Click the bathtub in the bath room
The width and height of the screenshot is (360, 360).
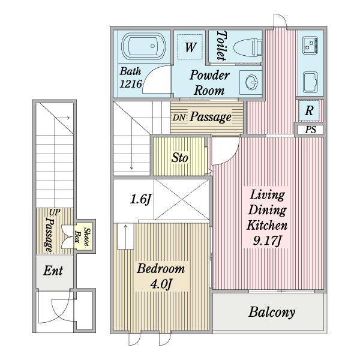click(143, 47)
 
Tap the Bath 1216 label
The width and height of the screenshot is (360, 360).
click(131, 78)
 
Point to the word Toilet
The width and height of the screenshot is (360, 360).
click(221, 46)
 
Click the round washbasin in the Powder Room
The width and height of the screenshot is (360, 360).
click(250, 81)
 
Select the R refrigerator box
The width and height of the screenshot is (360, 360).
click(309, 110)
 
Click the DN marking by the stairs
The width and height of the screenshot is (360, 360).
click(179, 118)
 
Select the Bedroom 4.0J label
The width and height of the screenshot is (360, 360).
click(160, 275)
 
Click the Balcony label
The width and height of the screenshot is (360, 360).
click(272, 312)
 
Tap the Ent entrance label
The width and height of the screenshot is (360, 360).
click(53, 271)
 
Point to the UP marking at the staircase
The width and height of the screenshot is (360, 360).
click(55, 212)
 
